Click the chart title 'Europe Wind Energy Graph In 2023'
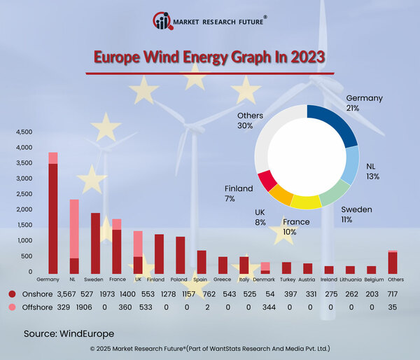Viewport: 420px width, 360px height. coord(209,57)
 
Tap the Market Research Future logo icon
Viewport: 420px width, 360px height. coord(162,21)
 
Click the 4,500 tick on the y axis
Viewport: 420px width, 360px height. coord(24,132)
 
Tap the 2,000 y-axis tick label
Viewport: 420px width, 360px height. coord(24,209)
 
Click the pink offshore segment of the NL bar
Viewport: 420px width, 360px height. coord(74,228)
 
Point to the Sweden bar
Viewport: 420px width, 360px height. coord(95,242)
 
